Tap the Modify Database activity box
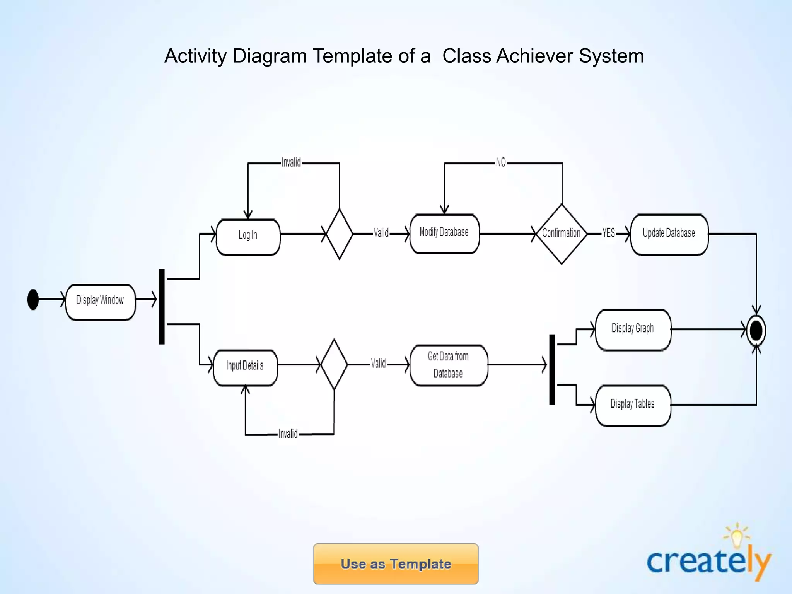pos(444,233)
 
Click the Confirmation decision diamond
pos(562,234)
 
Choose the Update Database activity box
pos(669,234)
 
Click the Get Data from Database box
pos(449,365)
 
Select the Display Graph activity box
pos(633,330)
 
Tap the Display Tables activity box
pos(633,405)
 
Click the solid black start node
pos(33,300)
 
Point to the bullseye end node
pos(756,331)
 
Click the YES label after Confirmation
pos(609,233)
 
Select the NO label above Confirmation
pos(501,162)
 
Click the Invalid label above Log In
pos(291,162)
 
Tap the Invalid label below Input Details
pos(288,434)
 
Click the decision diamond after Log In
pos(339,234)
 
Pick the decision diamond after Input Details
pos(334,364)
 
